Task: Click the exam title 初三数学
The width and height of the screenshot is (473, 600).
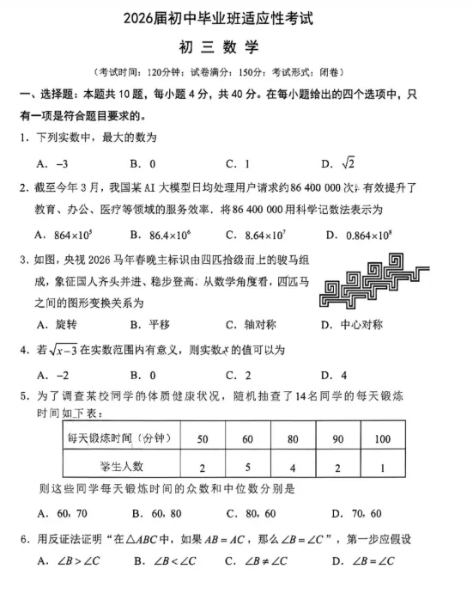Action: coord(237,48)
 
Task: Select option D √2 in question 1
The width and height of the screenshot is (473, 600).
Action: coord(337,163)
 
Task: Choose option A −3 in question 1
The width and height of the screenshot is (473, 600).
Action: coord(52,163)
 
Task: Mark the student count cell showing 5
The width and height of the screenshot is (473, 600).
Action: coord(247,467)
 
